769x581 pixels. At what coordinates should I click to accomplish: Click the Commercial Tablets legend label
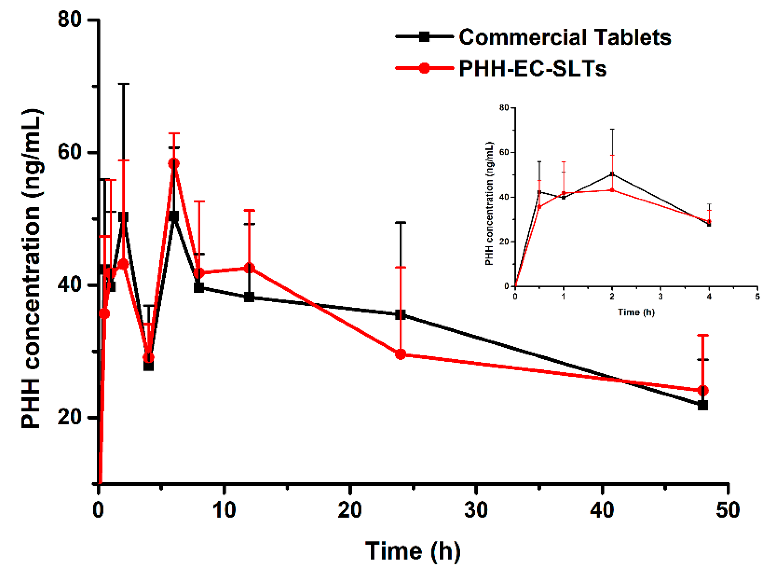coord(565,37)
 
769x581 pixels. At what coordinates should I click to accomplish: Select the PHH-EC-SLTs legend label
coord(532,68)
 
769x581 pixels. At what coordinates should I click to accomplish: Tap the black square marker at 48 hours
coord(703,405)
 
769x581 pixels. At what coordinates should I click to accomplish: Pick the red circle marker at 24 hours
coord(400,355)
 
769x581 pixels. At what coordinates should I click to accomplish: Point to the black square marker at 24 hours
coord(400,315)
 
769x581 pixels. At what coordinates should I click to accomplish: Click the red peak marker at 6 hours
coord(174,163)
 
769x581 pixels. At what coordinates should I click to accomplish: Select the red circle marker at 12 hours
coord(249,268)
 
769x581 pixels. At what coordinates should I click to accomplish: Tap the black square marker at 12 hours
coord(249,298)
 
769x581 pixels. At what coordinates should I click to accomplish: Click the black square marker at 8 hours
coord(199,287)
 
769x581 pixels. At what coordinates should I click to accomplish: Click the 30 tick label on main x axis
coord(476,510)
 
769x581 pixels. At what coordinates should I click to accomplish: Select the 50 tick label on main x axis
coord(728,510)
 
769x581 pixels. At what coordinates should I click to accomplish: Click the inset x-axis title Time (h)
coord(636,312)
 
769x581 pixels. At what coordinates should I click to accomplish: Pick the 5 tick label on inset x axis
coord(757,297)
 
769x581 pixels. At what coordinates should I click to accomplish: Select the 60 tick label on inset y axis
coord(504,153)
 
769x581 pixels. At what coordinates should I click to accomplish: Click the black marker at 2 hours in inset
coord(612,174)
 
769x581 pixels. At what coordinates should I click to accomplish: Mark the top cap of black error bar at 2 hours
coord(123,84)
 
